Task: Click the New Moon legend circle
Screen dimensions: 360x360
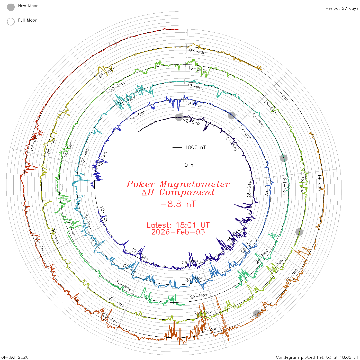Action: (11, 7)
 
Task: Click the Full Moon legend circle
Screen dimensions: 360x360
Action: (11, 22)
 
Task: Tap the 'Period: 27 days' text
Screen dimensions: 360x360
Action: (342, 8)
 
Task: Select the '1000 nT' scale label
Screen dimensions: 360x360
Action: (195, 147)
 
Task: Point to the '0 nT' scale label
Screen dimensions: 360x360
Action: (190, 165)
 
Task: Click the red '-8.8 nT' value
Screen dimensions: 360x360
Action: (178, 204)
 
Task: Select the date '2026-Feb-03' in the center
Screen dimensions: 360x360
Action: (178, 232)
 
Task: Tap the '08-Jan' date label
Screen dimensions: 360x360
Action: (197, 51)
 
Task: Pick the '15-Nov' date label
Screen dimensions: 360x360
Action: (195, 87)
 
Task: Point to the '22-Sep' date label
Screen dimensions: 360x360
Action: (191, 122)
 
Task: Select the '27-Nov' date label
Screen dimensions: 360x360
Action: (199, 296)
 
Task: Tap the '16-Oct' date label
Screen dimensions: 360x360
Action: (138, 116)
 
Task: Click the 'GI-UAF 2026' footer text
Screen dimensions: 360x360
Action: (15, 357)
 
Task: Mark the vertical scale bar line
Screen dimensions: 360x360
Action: (177, 156)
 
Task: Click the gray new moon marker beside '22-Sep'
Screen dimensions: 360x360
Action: (179, 117)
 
